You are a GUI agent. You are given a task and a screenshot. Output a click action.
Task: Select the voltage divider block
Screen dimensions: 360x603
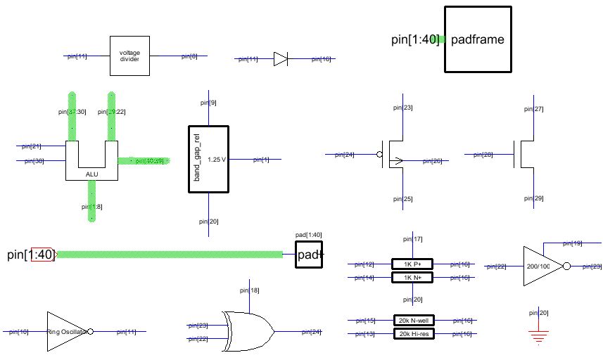click(129, 56)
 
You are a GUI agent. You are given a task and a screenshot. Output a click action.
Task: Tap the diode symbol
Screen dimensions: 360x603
click(280, 59)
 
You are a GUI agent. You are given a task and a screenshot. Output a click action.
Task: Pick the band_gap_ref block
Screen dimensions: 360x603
click(209, 159)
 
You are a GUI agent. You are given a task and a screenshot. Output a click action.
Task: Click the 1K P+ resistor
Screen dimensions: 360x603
click(412, 264)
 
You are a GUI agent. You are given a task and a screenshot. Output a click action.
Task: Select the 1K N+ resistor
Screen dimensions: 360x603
click(412, 278)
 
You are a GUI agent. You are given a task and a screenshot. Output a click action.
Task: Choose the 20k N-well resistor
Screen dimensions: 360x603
click(413, 321)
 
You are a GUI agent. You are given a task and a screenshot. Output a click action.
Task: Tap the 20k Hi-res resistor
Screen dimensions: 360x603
click(413, 334)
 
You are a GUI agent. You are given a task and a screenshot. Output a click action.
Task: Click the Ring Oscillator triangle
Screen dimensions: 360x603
click(68, 330)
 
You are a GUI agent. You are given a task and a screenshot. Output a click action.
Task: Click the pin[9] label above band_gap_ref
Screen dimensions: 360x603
click(208, 103)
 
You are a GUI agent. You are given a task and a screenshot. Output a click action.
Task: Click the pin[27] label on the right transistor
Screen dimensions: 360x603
click(535, 109)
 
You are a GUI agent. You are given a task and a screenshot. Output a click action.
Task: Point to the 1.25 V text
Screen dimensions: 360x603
click(217, 160)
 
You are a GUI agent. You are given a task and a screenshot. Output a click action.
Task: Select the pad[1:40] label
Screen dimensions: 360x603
click(308, 235)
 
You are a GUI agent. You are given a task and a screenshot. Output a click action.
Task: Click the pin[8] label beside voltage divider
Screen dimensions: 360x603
click(189, 56)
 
